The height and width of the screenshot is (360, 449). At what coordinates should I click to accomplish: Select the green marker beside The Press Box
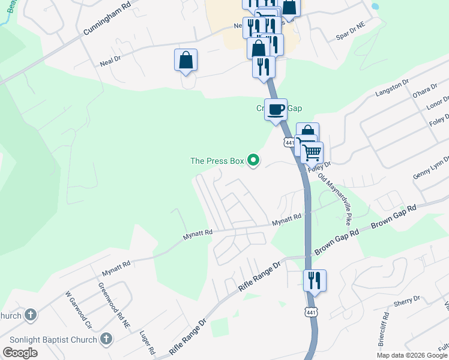pyautogui.click(x=253, y=160)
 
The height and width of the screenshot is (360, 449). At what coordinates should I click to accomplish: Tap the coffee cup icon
pyautogui.click(x=276, y=110)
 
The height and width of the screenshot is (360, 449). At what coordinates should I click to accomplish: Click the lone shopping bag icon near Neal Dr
pyautogui.click(x=185, y=60)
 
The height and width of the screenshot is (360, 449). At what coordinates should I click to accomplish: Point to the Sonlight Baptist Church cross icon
pyautogui.click(x=106, y=340)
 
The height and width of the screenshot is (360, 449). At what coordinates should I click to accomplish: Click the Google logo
pyautogui.click(x=20, y=353)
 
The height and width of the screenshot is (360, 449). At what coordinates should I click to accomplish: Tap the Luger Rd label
pyautogui.click(x=148, y=341)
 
